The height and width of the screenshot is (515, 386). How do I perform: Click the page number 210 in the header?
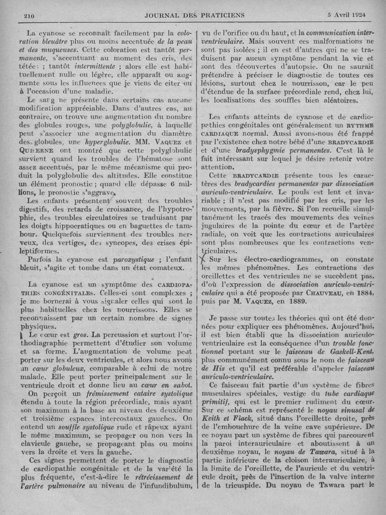[x=30, y=16]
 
